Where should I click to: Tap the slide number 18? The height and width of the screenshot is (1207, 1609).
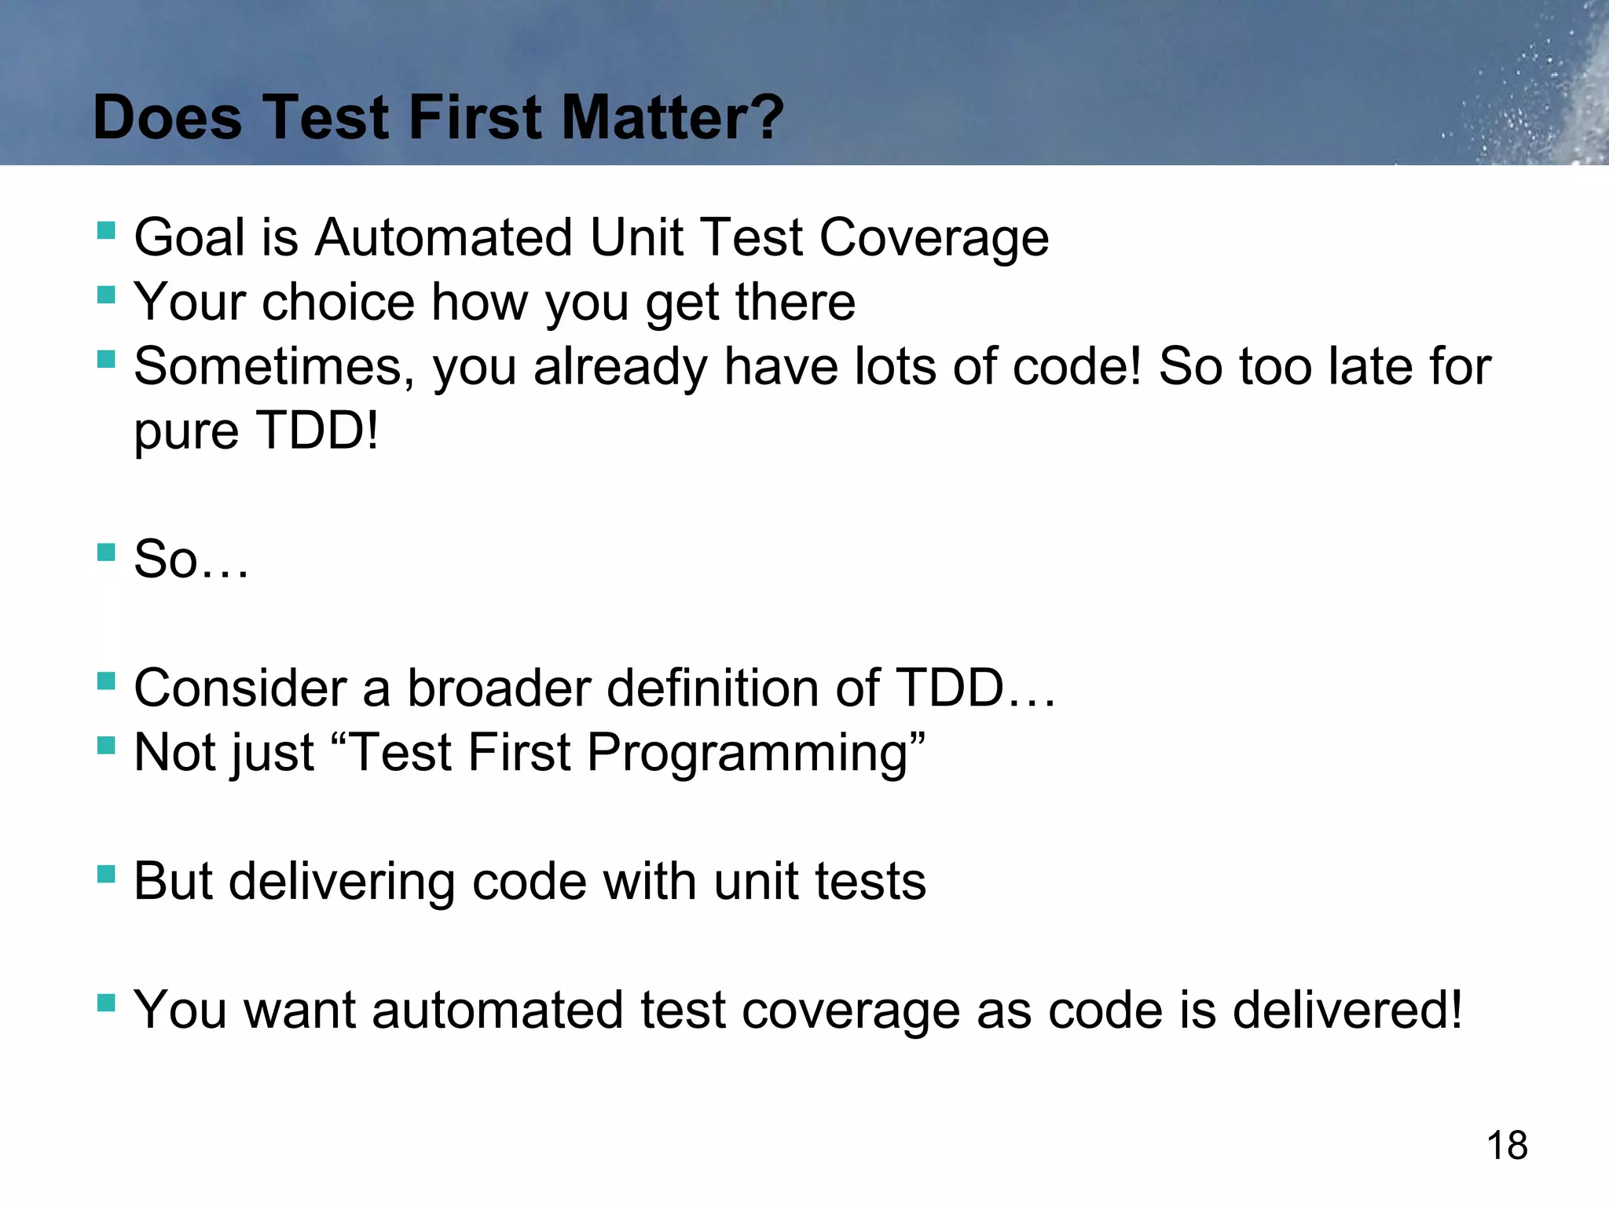point(1507,1145)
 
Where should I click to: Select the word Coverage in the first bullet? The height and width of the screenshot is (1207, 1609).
point(934,237)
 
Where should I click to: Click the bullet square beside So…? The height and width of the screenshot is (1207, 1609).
point(106,552)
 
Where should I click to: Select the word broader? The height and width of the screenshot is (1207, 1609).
point(498,688)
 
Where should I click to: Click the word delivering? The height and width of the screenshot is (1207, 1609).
point(341,881)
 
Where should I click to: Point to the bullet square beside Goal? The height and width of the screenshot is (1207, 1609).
point(106,230)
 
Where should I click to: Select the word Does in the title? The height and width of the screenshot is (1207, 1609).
point(167,118)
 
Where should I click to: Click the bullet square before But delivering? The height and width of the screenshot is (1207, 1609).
point(106,874)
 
